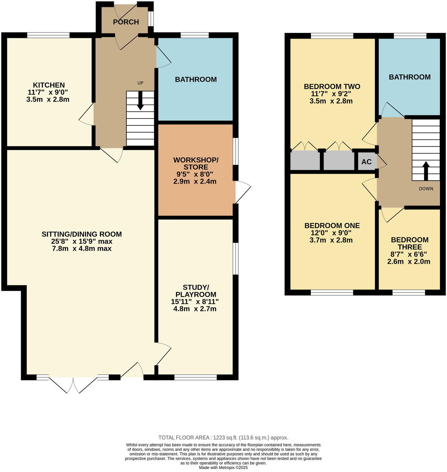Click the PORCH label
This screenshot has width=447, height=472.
126,22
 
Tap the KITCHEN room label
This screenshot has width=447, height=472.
49,85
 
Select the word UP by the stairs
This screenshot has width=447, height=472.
140,83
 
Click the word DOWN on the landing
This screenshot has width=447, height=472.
426,189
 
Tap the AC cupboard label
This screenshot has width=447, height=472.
366,162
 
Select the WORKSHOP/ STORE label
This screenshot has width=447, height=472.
196,163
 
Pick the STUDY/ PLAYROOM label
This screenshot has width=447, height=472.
196,291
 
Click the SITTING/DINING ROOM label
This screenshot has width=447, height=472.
81,234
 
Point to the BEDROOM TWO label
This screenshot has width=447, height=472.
332,87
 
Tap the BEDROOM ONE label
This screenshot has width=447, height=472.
332,226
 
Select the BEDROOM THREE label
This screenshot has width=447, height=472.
409,243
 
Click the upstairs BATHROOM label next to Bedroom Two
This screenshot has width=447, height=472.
409,77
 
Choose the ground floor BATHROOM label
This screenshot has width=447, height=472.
196,80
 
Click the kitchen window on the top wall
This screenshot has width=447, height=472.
48,35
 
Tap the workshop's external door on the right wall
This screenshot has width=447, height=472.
242,192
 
